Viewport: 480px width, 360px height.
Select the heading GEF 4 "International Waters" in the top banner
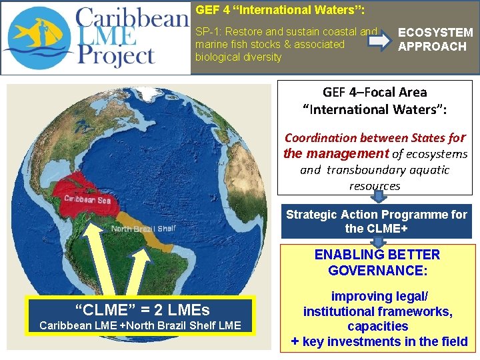[280, 10]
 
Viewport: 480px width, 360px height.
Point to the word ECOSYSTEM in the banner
[435, 33]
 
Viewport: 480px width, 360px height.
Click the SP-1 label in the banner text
[209, 32]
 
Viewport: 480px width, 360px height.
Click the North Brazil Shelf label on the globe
[143, 229]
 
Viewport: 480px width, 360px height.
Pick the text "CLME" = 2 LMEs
[141, 310]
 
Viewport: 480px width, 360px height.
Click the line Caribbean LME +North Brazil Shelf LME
[140, 325]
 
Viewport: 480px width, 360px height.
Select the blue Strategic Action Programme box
[376, 221]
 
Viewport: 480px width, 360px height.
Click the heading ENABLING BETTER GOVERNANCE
[377, 263]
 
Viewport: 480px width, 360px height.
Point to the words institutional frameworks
[377, 311]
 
